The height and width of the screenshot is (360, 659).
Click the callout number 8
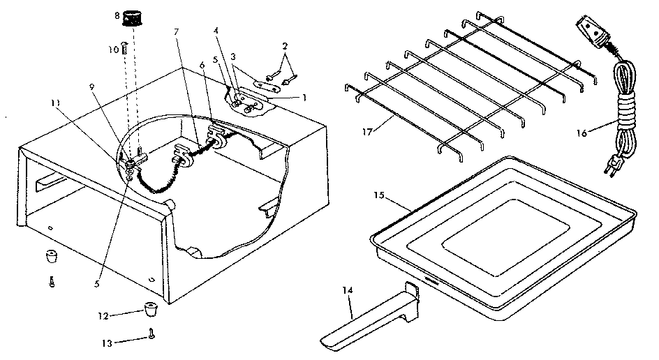(117, 15)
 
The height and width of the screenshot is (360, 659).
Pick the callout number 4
(216, 31)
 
